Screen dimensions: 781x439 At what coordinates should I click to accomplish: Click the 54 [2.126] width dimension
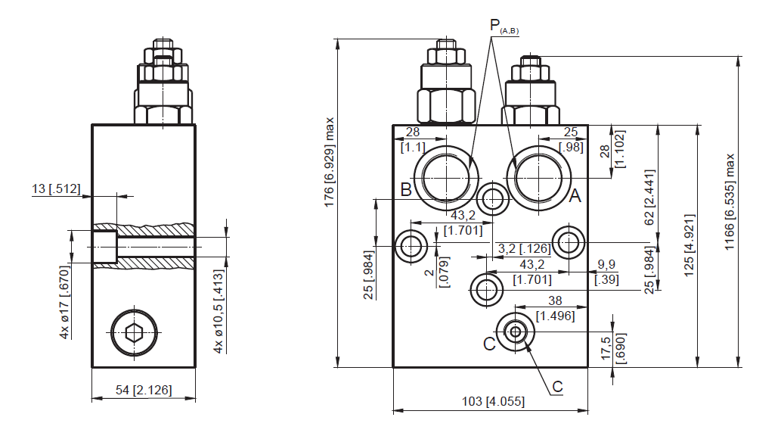tap(144, 390)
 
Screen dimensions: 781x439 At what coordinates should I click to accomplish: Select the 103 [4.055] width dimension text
tap(493, 401)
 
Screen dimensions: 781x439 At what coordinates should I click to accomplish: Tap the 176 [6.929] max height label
tap(329, 163)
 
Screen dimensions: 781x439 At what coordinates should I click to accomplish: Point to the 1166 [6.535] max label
tap(730, 202)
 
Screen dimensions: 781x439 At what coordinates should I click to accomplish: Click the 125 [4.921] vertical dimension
tap(689, 245)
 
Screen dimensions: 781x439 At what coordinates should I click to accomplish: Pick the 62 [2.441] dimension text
tap(649, 198)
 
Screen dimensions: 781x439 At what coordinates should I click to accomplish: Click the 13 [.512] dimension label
tap(56, 188)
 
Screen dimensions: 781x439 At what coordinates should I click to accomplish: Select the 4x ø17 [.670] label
tap(65, 302)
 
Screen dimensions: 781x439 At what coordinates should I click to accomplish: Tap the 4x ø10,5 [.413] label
tap(218, 312)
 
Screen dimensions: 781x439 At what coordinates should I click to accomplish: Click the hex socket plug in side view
tap(134, 332)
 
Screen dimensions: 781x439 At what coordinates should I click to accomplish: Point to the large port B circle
tap(446, 178)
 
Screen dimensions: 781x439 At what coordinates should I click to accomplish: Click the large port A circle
tap(538, 178)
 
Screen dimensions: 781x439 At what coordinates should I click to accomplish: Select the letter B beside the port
tap(406, 189)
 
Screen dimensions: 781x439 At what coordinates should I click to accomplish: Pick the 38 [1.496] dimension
tap(555, 308)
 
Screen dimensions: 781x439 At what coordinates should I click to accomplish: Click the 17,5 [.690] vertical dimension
tap(613, 348)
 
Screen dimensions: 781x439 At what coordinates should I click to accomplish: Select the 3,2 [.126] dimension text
tap(524, 248)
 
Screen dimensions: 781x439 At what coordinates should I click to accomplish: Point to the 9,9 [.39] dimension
tap(606, 272)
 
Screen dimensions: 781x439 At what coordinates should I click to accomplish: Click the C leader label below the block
tap(557, 387)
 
